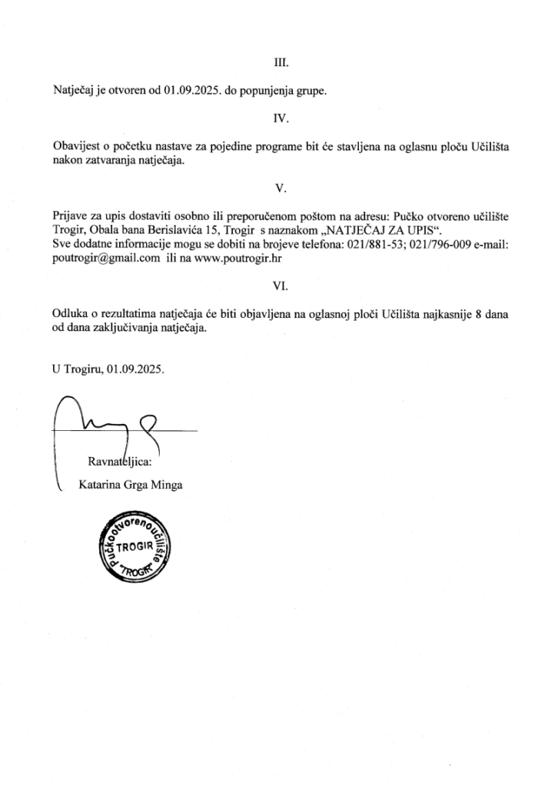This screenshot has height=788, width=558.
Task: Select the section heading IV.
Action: click(x=280, y=119)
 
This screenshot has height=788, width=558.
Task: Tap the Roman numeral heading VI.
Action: click(x=280, y=285)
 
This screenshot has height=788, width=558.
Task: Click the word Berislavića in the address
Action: click(x=184, y=231)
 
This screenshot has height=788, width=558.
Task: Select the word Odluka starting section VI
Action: click(x=70, y=313)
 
